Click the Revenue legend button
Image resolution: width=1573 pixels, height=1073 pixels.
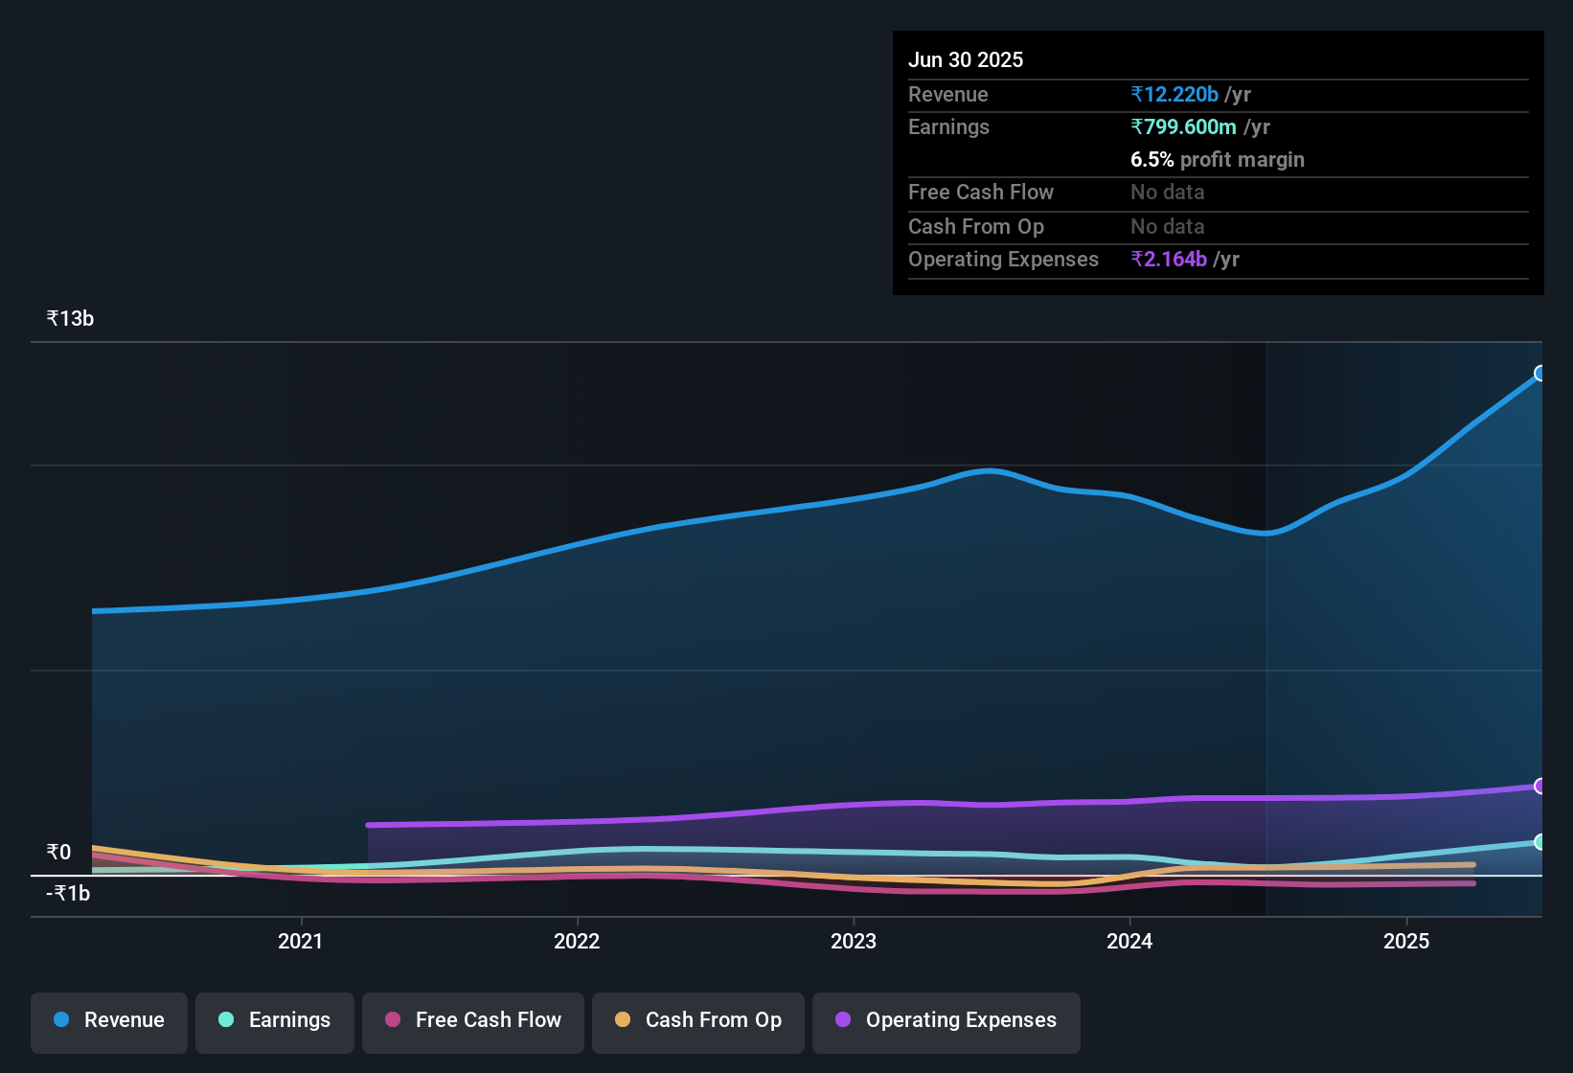coord(109,1020)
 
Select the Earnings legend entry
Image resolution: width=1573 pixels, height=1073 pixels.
coord(275,1020)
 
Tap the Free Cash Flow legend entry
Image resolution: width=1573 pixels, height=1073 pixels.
coord(473,1020)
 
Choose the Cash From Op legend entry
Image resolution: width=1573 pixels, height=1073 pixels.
coord(698,1020)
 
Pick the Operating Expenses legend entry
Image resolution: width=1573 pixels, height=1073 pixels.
coord(946,1020)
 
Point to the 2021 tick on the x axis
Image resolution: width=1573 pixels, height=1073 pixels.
coord(301,941)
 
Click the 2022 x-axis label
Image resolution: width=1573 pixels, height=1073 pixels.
coord(577,941)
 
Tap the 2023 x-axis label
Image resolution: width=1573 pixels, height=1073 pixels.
coord(854,941)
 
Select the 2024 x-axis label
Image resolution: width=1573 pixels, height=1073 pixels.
coord(1129,941)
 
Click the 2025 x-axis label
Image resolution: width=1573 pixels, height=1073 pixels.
coord(1406,941)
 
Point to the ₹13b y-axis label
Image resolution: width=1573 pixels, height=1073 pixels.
coord(71,319)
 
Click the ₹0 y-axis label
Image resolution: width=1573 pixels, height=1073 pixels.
coord(59,852)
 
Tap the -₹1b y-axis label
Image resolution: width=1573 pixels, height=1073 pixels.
coord(68,894)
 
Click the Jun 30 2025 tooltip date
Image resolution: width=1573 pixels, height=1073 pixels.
coord(966,60)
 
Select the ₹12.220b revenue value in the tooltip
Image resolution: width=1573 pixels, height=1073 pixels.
coord(1174,95)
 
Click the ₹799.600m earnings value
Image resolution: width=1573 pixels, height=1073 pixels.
coord(1183,127)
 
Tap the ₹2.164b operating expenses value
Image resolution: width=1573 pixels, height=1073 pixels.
coord(1169,260)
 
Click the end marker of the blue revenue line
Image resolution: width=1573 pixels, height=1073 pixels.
coord(1540,373)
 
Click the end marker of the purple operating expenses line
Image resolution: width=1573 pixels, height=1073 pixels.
coord(1540,786)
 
